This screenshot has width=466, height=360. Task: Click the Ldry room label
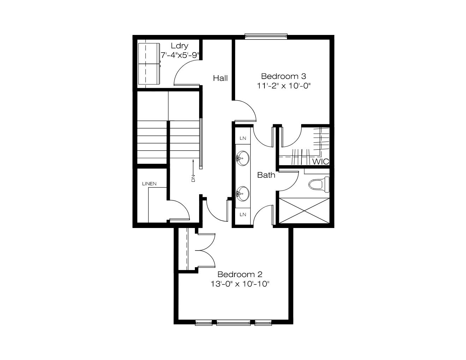pyautogui.click(x=179, y=46)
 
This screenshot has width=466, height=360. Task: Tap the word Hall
pyautogui.click(x=220, y=78)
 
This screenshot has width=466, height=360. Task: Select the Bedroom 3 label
pyautogui.click(x=283, y=76)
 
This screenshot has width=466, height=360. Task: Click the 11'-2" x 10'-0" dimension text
pyautogui.click(x=284, y=86)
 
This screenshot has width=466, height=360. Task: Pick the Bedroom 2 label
pyautogui.click(x=240, y=274)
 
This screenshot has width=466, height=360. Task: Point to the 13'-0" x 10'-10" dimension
pyautogui.click(x=240, y=284)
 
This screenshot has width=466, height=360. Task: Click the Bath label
pyautogui.click(x=266, y=175)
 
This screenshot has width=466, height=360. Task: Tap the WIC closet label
pyautogui.click(x=321, y=162)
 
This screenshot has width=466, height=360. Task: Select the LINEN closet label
pyautogui.click(x=149, y=184)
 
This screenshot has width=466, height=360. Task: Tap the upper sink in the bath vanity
pyautogui.click(x=243, y=158)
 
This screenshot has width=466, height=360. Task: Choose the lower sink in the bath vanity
pyautogui.click(x=243, y=193)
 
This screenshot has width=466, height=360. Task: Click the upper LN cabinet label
pyautogui.click(x=243, y=138)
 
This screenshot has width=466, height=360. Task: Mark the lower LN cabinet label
pyautogui.click(x=243, y=215)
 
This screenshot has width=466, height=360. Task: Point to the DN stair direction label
pyautogui.click(x=193, y=178)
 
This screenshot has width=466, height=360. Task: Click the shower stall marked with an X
pyautogui.click(x=304, y=211)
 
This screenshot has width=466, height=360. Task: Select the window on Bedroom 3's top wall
pyautogui.click(x=266, y=36)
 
